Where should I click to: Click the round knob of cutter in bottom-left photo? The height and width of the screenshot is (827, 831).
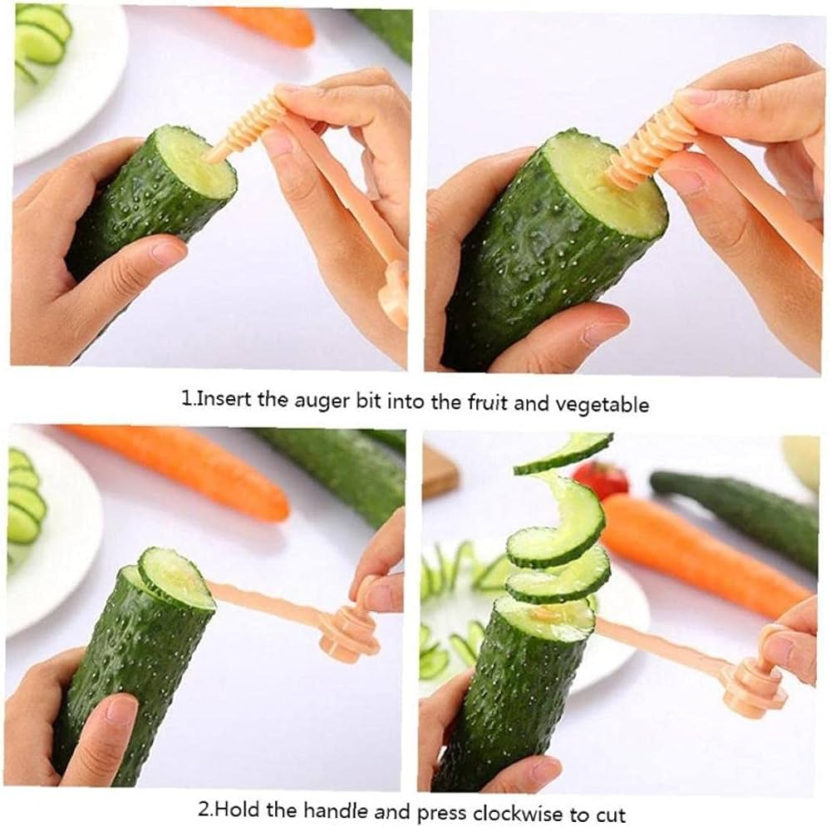[349, 633]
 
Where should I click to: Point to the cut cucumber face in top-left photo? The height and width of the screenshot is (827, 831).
[196, 162]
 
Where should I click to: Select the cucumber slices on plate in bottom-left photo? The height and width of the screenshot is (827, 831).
[25, 499]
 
